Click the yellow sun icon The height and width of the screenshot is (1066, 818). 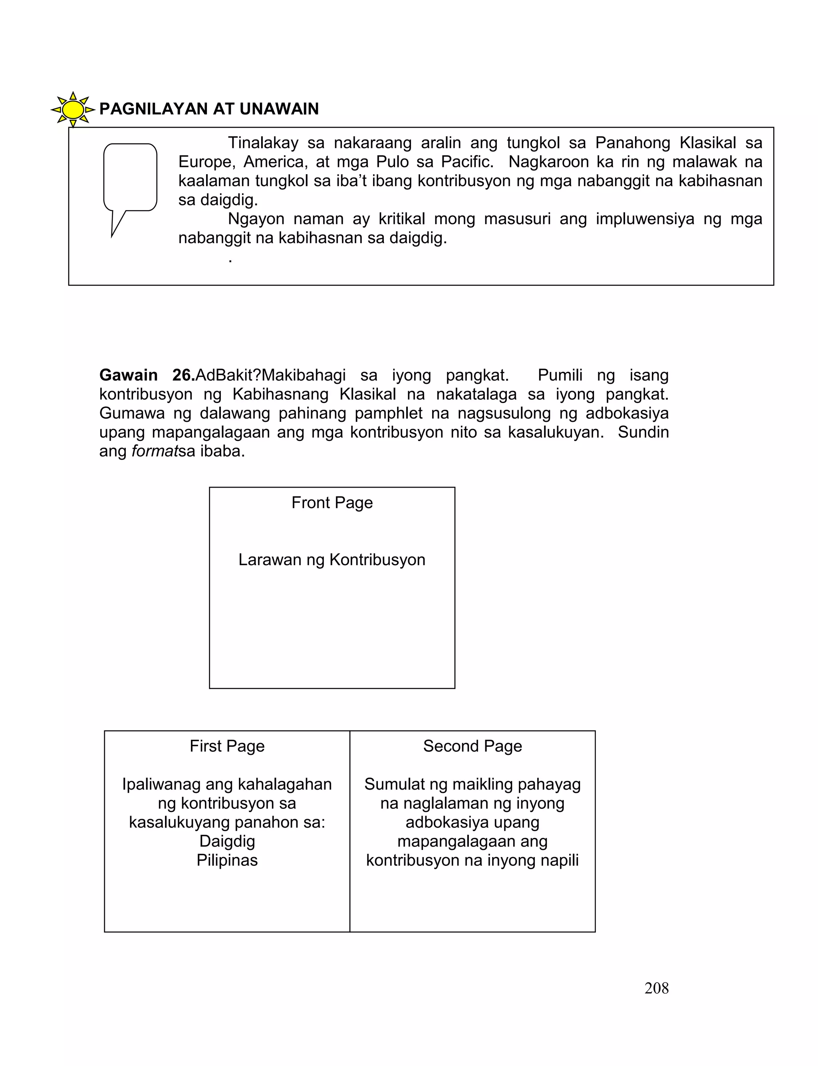click(x=73, y=109)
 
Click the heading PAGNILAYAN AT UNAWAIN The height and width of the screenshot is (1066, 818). click(x=209, y=109)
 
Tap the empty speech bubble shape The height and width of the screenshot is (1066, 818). click(x=130, y=178)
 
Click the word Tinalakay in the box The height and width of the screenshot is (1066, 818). click(x=263, y=143)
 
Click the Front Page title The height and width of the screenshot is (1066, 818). click(x=332, y=502)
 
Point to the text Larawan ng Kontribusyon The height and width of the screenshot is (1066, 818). click(x=332, y=560)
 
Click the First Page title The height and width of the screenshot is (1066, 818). click(x=227, y=746)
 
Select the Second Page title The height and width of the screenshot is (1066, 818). click(x=472, y=746)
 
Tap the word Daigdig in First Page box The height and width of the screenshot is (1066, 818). click(x=227, y=841)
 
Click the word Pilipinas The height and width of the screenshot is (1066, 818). click(x=227, y=860)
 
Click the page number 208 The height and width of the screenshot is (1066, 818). click(x=656, y=988)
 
